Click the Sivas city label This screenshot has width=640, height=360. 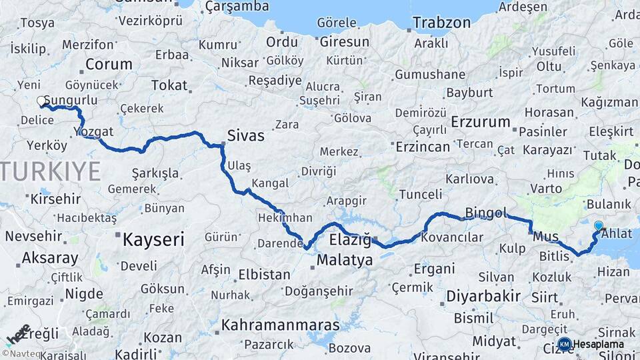point(245,136)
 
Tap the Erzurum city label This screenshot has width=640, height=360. point(480,122)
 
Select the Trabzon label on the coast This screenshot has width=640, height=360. point(441,23)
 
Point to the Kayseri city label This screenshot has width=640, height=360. point(153,239)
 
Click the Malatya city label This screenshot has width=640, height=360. point(345,260)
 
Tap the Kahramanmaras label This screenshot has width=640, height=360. point(280,325)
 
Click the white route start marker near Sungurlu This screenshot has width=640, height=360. point(41,101)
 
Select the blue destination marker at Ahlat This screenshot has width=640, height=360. point(598,226)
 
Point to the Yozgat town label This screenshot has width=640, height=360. point(94,131)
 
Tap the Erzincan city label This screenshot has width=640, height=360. point(423,146)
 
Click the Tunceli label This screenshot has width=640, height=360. point(420,194)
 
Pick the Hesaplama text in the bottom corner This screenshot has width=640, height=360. point(599,344)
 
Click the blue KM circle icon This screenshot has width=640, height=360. point(564,344)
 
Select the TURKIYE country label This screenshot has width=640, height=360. point(50,171)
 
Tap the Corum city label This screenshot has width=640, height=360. point(109,65)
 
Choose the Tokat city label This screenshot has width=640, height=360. point(169,85)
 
